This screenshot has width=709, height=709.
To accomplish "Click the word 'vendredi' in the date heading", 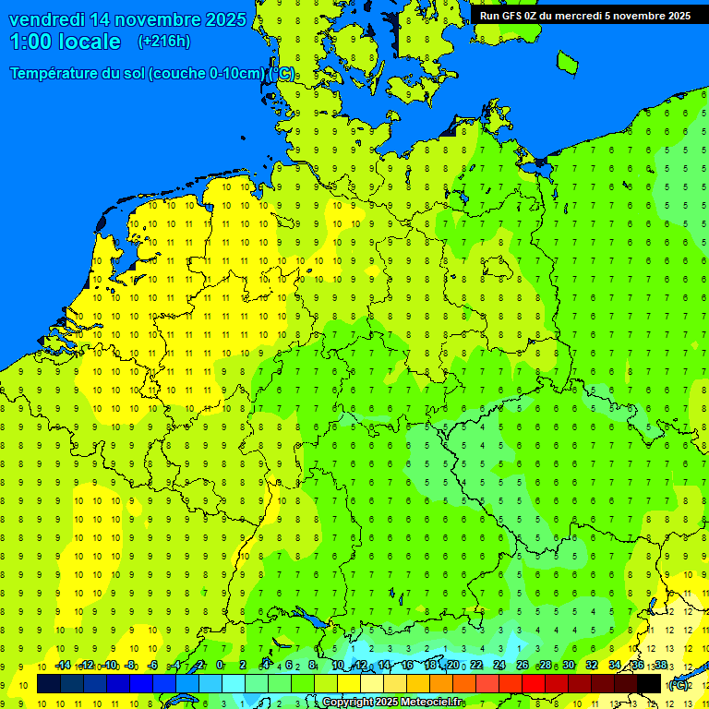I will point(51,19).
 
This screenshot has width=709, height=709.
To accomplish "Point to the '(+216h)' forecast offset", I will point(163,42).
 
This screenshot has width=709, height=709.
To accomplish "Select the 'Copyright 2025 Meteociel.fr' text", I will point(392,703).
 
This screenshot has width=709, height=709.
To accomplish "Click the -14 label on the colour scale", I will point(63,666).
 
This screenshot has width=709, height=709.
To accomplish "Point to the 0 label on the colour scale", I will point(220,666).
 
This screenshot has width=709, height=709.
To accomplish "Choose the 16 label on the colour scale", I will point(407,666).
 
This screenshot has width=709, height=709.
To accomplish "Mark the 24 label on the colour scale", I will point(499,666).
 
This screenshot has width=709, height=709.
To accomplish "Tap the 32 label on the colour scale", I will point(592,666).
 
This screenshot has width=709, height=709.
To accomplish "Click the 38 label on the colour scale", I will point(661,666).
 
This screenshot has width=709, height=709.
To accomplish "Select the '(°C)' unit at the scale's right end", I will point(679,685).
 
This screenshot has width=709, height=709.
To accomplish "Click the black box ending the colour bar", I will point(649,684).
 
